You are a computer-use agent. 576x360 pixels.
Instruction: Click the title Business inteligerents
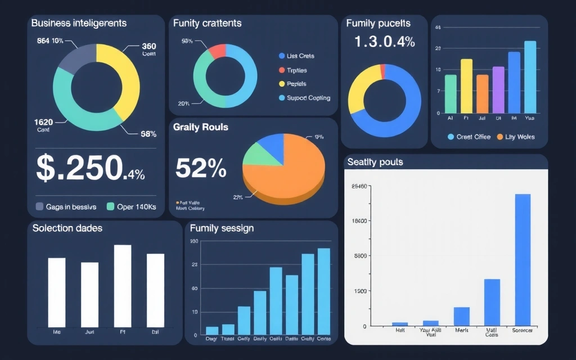click(x=79, y=23)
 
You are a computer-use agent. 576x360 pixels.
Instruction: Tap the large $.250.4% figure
click(x=90, y=168)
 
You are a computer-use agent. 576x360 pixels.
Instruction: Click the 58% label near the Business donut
click(x=148, y=134)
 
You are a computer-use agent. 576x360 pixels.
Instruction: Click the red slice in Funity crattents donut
click(x=218, y=51)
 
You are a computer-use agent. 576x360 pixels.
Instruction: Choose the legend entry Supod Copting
click(x=304, y=98)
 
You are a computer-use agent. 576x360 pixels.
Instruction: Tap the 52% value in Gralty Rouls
click(x=201, y=168)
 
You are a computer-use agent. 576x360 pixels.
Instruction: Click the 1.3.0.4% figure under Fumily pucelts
click(x=385, y=42)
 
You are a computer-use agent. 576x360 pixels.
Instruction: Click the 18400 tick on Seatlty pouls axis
click(x=359, y=221)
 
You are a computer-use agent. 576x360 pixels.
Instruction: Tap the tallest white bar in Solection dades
click(x=123, y=286)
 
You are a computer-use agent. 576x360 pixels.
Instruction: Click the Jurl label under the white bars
click(x=89, y=332)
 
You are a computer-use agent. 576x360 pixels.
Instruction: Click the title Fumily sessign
click(x=222, y=228)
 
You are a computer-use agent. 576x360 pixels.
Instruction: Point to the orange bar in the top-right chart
click(x=483, y=94)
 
